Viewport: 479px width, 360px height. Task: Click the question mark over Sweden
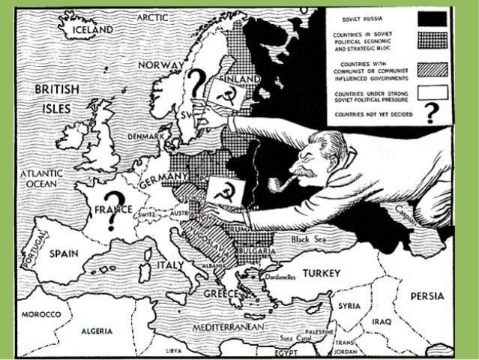pyautogui.click(x=197, y=84)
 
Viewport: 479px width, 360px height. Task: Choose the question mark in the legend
pyautogui.click(x=430, y=113)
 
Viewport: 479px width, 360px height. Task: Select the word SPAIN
pyautogui.click(x=64, y=253)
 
